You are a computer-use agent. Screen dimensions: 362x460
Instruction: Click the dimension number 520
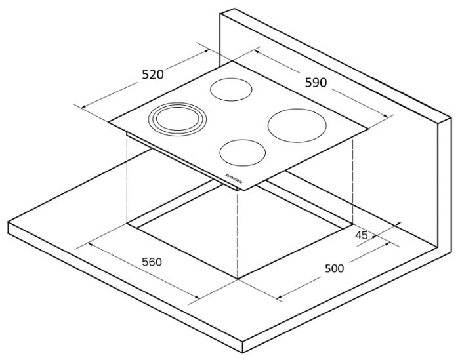coord(153,75)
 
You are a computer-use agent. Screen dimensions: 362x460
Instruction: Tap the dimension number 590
coord(316,82)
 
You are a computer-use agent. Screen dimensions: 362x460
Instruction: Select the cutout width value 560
coord(152,262)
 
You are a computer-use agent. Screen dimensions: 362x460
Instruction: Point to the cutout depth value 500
coord(334,268)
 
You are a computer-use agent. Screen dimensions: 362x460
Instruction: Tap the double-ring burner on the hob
coord(177,121)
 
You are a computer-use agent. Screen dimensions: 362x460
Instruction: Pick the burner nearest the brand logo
coord(242,153)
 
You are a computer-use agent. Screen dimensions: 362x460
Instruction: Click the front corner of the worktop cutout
coord(238,278)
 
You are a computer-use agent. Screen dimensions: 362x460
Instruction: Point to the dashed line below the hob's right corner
coord(354,177)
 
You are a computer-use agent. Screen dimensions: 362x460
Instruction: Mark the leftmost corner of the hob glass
coord(109,121)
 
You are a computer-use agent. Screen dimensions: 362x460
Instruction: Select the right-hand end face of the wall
coord(444,184)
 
